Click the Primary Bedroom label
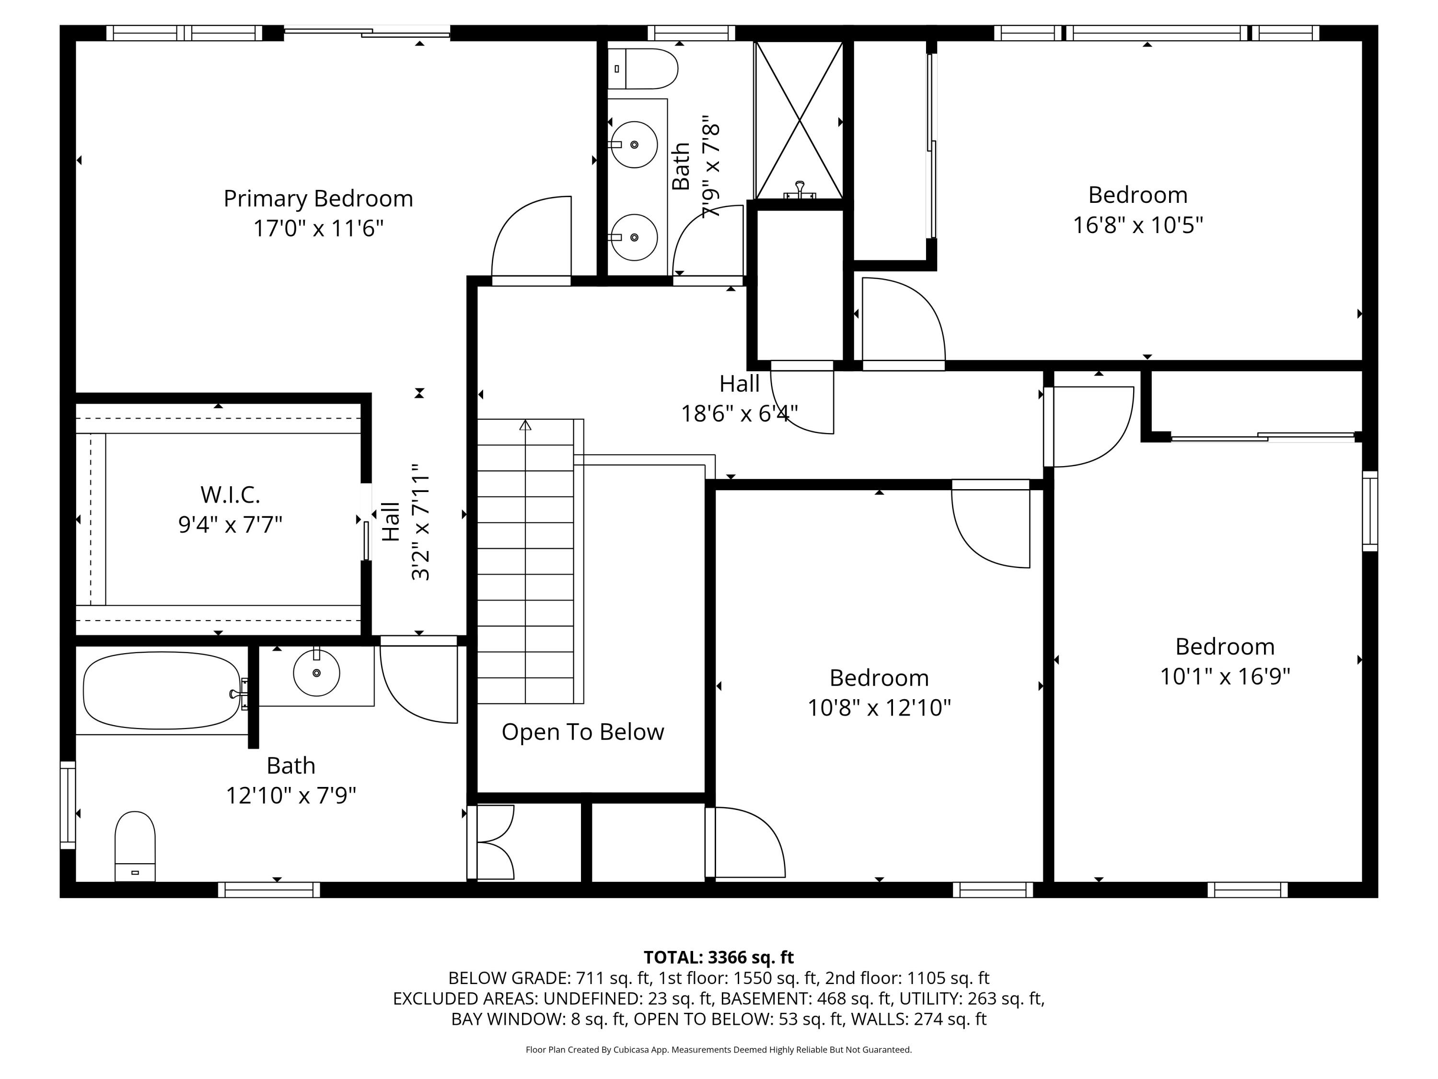318,199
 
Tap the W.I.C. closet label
230,494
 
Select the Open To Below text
582,732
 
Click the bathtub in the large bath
161,690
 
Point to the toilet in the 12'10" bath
135,846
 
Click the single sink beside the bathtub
316,672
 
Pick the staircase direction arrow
525,426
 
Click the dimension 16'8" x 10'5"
1137,225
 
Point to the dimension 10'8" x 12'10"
879,708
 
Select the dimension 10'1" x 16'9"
1225,676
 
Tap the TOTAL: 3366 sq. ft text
719,957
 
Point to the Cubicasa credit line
719,1049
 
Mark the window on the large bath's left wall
68,805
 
